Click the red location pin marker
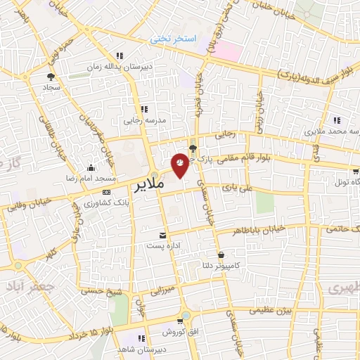pos(180,164)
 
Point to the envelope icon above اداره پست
pos(163,235)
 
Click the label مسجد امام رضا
pos(90,179)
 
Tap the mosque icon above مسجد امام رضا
pos(91,167)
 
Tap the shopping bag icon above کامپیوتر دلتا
pos(221,255)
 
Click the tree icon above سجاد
pos(51,77)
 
